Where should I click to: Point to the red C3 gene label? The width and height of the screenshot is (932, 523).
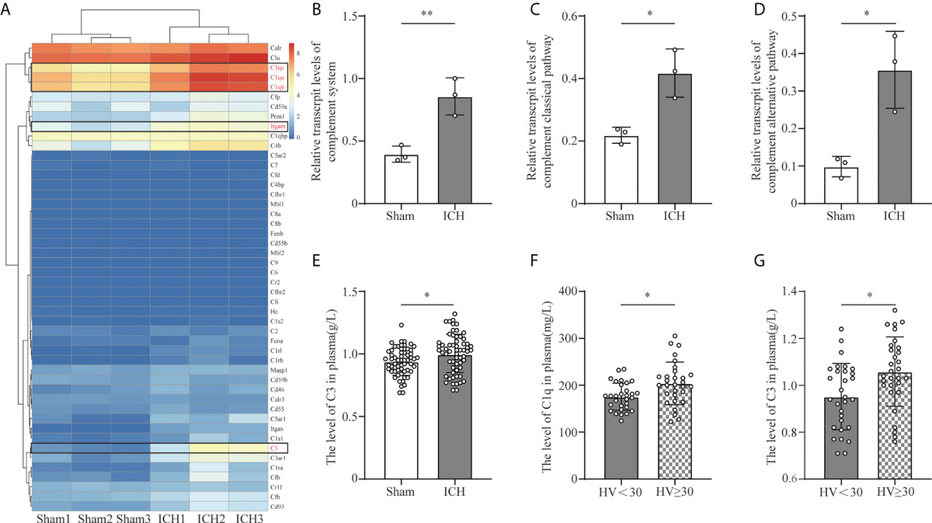[x=274, y=448]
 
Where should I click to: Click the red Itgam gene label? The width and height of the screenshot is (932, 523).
[x=277, y=125]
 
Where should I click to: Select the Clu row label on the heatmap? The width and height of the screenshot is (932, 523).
[x=275, y=57]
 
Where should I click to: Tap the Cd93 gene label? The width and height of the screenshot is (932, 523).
[x=276, y=507]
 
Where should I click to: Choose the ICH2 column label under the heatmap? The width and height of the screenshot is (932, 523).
[x=210, y=517]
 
